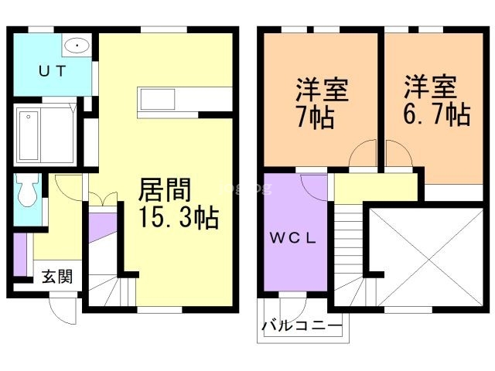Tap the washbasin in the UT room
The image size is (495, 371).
[76, 46]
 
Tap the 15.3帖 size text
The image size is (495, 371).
[179, 218]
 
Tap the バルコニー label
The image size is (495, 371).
[301, 326]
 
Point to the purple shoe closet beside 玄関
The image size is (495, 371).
[19, 255]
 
